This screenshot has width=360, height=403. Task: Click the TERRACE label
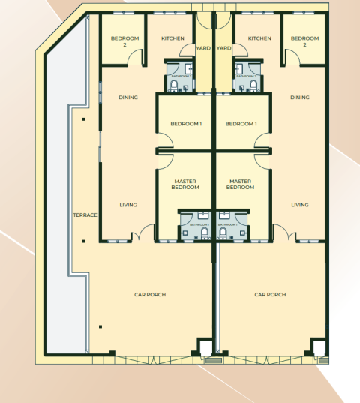(x=85, y=215)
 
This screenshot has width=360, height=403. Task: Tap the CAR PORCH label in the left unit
(x=149, y=295)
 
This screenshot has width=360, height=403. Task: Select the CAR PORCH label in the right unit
(x=270, y=295)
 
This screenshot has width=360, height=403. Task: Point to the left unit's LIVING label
(x=128, y=205)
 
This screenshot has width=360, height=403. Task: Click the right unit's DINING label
(x=300, y=97)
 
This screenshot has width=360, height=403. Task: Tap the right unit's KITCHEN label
(x=259, y=38)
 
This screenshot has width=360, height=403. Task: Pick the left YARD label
(x=203, y=48)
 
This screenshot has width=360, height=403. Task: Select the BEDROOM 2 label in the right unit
(x=304, y=41)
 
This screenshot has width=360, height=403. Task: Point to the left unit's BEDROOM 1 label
(x=185, y=124)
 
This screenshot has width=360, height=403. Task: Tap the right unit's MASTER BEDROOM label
(x=240, y=184)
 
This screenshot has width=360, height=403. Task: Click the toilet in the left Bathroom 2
(x=174, y=86)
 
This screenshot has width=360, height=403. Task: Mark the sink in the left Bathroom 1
(x=185, y=233)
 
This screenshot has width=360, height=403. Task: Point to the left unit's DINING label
(x=128, y=97)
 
